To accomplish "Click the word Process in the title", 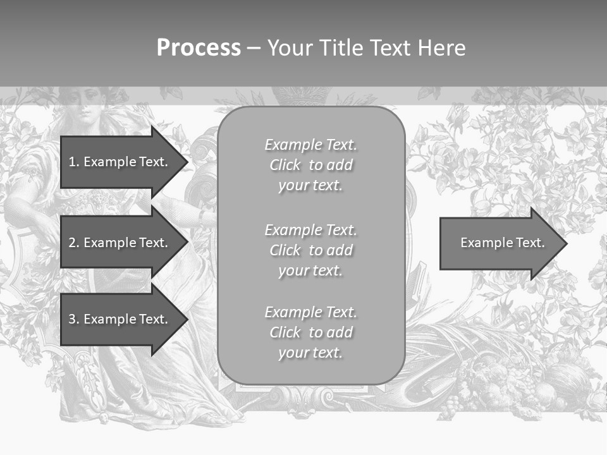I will click(199, 48).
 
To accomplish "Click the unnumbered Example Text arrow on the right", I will click(500, 243).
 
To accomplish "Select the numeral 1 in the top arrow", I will click(72, 162).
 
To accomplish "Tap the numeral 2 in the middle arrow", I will click(72, 243).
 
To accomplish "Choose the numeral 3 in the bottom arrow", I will click(72, 319).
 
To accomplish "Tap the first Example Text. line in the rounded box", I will click(310, 145).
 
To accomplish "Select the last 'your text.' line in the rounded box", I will click(310, 353).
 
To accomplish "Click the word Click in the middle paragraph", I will click(285, 250).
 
